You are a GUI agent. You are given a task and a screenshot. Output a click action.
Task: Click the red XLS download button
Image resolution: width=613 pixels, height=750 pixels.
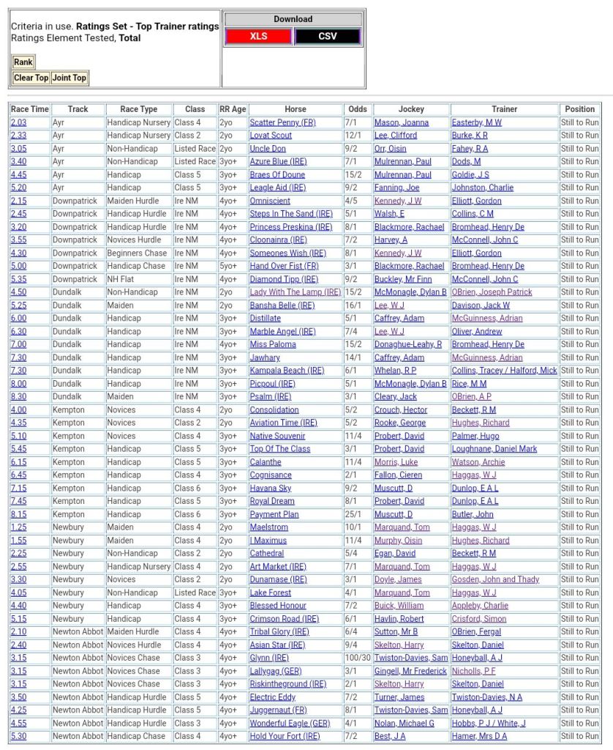coord(258,36)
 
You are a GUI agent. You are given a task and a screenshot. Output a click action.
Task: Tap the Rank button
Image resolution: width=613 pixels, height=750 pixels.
coord(23,62)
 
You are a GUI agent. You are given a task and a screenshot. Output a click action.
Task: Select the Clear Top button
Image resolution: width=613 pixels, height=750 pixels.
coord(31,78)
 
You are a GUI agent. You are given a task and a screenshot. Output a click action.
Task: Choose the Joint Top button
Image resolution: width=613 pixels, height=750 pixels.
coord(69,78)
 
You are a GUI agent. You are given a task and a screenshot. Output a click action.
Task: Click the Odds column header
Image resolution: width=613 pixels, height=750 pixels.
coord(358,109)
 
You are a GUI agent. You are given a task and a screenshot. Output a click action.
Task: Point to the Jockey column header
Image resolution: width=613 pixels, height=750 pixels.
coord(411,109)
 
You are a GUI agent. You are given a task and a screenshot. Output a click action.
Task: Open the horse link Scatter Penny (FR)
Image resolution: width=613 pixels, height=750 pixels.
coord(282,122)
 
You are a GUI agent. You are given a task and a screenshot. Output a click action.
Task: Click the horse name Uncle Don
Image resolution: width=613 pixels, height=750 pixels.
coord(268,149)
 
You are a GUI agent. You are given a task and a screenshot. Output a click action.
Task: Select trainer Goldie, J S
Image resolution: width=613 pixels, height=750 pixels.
coord(470,175)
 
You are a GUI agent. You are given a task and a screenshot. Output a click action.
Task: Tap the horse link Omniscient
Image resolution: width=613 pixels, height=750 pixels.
coord(270,201)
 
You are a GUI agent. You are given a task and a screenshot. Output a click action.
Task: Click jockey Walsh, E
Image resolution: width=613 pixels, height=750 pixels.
coord(389,214)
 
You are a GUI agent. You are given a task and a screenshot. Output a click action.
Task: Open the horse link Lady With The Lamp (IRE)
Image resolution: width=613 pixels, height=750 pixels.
coord(296,292)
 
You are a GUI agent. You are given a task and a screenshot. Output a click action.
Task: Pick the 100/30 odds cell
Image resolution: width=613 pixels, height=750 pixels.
coord(358,658)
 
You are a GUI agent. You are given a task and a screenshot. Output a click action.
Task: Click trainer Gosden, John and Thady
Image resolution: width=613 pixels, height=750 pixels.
coord(495,579)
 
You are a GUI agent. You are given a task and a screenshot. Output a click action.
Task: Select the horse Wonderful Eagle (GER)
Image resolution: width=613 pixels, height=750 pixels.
coord(290,723)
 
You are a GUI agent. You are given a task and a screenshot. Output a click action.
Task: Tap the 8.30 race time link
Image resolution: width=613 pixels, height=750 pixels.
coord(18,397)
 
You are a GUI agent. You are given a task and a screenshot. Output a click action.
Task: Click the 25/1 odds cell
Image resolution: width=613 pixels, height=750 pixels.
coord(354,514)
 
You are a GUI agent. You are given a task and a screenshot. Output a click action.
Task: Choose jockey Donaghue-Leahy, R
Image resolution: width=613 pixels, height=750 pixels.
coord(408,344)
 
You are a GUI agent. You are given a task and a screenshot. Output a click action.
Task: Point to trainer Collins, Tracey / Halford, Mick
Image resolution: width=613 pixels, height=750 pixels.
coord(504,371)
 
